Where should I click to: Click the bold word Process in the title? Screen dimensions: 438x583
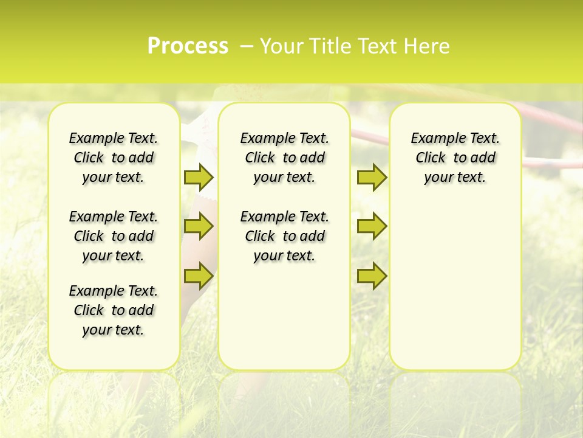188,46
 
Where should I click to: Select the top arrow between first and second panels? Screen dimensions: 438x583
199,177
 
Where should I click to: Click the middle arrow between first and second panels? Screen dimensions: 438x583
199,226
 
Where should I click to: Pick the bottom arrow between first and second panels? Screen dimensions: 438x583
199,276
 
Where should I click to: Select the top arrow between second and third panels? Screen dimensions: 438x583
372,177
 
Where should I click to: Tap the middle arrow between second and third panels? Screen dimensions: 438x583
372,226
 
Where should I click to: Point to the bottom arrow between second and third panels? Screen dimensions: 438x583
372,276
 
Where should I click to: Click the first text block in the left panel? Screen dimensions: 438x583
114,158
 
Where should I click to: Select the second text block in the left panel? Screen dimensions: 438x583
114,236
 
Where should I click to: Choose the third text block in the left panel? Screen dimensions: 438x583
114,310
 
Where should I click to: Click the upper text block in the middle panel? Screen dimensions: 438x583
284,158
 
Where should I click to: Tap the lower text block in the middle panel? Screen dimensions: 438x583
284,236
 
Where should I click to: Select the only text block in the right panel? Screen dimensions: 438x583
455,158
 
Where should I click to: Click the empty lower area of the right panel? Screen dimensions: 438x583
455,286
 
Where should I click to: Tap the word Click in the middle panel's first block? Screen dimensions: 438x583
260,158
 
